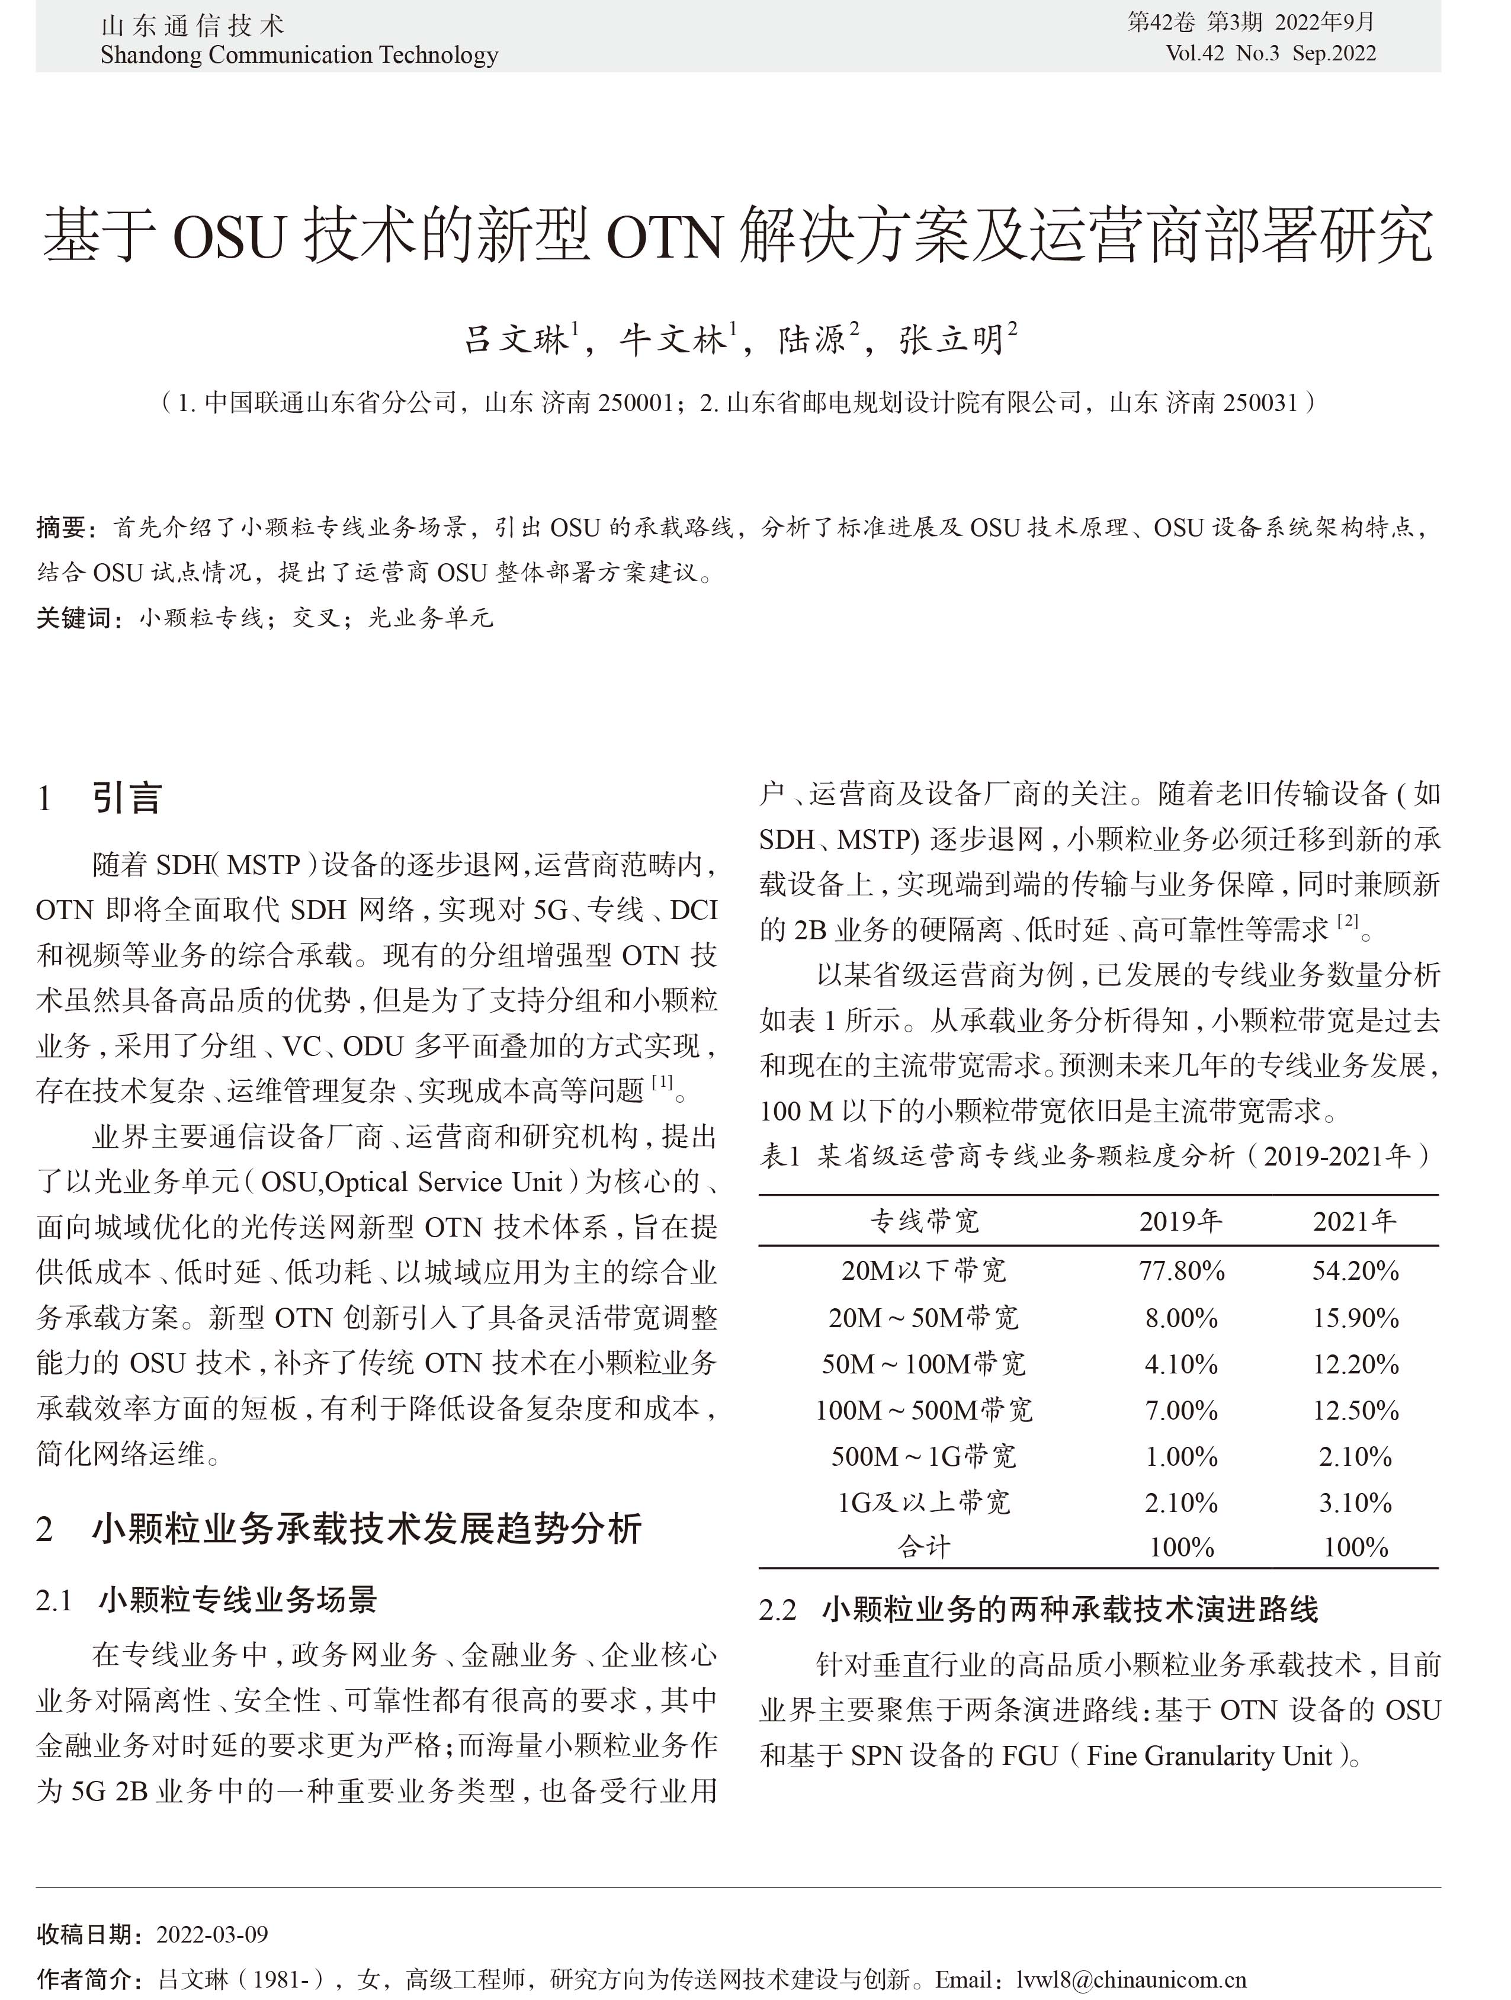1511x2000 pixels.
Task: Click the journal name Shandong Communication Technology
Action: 299,55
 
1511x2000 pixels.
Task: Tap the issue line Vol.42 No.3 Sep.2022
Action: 1271,53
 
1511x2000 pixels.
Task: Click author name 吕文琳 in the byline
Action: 517,340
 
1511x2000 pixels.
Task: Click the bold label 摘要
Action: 62,527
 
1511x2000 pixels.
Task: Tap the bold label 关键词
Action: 74,618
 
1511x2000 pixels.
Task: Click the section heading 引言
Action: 127,798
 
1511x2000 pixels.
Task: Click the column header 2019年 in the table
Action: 1181,1222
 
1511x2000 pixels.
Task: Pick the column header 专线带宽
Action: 924,1222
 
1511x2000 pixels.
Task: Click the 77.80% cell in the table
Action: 1181,1270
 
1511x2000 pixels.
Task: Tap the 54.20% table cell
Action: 1355,1270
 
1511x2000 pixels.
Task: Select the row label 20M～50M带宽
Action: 923,1317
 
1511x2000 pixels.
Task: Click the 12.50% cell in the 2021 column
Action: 1355,1410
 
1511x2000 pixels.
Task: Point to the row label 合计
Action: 923,1547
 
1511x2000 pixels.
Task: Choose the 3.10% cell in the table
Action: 1355,1502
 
